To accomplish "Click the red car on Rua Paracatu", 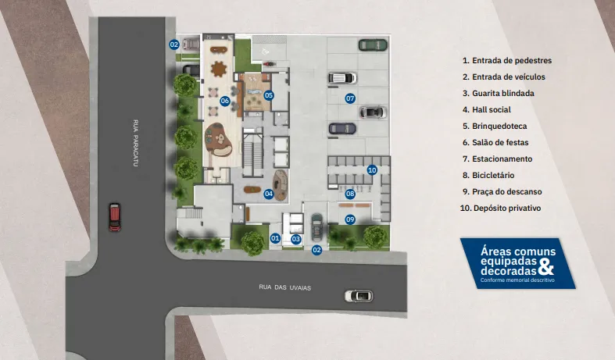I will coord(115,216).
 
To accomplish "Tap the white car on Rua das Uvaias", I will coord(359,296).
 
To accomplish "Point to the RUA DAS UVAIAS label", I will coord(285,287).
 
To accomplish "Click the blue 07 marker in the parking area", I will coord(351,98).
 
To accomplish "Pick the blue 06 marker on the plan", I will coord(224,101).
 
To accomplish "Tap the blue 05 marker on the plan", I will coord(269,95).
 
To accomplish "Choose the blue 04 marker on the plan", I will coord(269,194).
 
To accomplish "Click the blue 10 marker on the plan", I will coord(372,169).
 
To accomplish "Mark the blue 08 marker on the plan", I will coord(351,194).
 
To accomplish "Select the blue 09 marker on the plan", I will coord(351,219).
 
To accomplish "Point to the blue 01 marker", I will coord(275,238).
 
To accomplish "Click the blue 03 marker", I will coord(296,239).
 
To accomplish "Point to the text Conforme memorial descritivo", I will coord(517,280).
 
